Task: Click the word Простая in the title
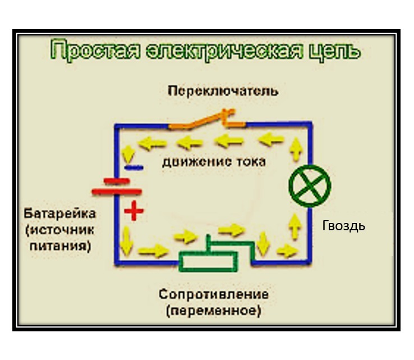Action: coord(95,50)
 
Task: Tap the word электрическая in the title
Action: coord(224,50)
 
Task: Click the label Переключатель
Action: coord(223,91)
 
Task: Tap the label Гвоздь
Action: coord(343,226)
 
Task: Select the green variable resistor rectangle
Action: coord(208,262)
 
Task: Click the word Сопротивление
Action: coord(214,294)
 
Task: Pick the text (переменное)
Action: coord(214,311)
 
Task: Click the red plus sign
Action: coord(134,211)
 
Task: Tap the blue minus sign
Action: coord(134,167)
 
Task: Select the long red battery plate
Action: coord(117,192)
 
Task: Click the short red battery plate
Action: coord(117,181)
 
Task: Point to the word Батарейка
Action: coord(59,213)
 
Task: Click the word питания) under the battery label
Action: coord(60,246)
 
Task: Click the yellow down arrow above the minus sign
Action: coord(128,154)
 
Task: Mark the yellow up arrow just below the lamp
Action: coord(295,226)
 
